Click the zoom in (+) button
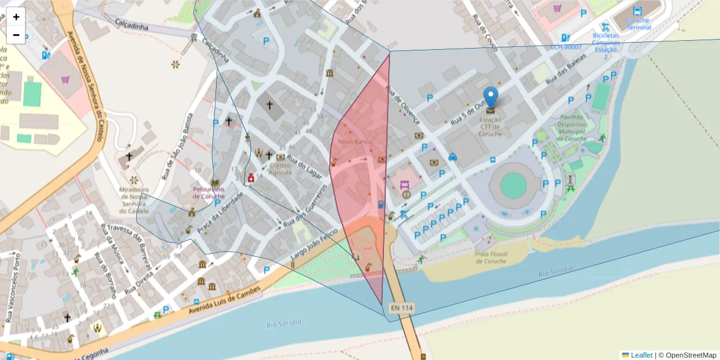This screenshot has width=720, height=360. [16, 17]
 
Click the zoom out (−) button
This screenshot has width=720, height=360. [16, 35]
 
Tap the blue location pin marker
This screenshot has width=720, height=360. [491, 98]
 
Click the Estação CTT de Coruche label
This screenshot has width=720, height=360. [491, 127]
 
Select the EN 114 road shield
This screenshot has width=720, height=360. [401, 308]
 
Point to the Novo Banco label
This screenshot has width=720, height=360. [355, 142]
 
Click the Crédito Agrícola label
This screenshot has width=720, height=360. [280, 169]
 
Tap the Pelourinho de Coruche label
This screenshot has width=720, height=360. [208, 192]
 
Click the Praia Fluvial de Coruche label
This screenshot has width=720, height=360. [491, 257]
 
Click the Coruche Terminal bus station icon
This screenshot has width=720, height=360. [637, 11]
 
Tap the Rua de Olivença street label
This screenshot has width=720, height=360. [403, 106]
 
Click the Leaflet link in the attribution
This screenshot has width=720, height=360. [641, 355]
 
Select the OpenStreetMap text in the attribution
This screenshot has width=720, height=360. [691, 355]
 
